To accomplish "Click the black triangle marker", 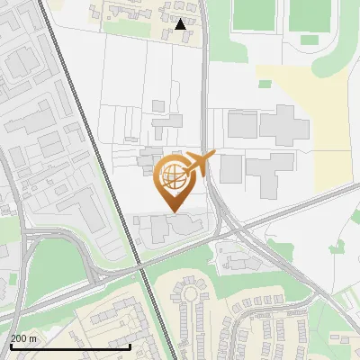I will (181, 24).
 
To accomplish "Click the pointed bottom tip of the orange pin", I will (174, 211).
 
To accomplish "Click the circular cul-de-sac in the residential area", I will (190, 292).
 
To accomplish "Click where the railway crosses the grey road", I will (140, 266).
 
